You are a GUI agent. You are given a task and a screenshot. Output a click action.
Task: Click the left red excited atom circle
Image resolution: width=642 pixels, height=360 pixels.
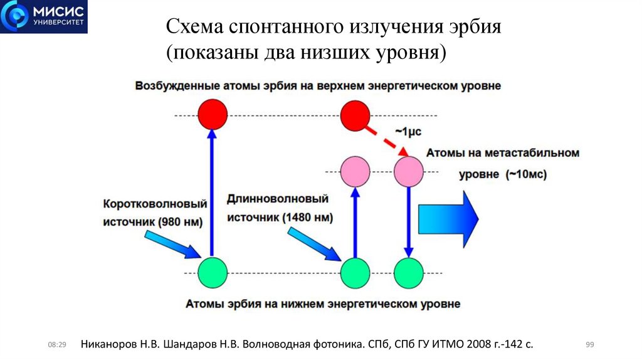pyautogui.click(x=212, y=115)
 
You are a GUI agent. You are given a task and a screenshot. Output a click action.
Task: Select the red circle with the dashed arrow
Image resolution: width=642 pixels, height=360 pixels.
pyautogui.click(x=355, y=115)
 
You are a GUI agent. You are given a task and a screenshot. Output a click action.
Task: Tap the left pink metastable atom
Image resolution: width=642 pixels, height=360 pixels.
pyautogui.click(x=355, y=171)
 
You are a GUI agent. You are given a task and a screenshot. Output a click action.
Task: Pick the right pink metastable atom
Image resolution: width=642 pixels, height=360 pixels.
pyautogui.click(x=409, y=171)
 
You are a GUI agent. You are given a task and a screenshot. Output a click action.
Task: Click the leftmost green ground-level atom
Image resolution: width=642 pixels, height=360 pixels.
pyautogui.click(x=212, y=273)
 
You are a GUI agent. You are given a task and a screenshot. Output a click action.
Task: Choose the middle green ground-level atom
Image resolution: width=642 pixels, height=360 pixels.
pyautogui.click(x=355, y=273)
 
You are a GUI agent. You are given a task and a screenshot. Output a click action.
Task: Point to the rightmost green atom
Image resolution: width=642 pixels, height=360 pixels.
pyautogui.click(x=409, y=273)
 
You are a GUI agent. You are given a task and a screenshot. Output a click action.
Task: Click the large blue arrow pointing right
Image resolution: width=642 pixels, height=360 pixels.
pyautogui.click(x=448, y=217)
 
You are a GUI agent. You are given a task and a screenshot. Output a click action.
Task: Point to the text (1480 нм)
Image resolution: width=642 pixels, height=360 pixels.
pyautogui.click(x=307, y=218)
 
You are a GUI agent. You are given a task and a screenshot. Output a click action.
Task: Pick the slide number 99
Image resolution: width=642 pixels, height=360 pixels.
pyautogui.click(x=589, y=344)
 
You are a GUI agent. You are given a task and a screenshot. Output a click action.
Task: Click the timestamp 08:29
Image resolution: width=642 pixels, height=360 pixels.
pyautogui.click(x=57, y=344)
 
